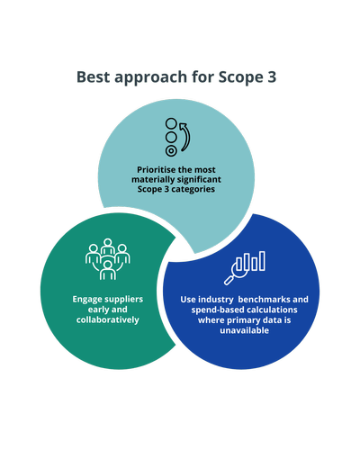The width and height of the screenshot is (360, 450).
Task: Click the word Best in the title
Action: point(94,76)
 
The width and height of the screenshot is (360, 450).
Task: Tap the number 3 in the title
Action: point(271,76)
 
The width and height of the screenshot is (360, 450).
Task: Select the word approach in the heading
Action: point(151,78)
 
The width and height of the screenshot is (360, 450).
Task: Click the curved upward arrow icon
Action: point(185,137)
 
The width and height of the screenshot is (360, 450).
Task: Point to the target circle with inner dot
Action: point(171,151)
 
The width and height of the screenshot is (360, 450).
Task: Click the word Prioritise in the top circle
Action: point(156,170)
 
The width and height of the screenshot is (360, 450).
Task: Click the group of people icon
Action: point(108,259)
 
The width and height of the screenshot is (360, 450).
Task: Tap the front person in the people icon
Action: point(108,270)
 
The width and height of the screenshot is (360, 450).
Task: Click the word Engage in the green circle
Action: point(86,300)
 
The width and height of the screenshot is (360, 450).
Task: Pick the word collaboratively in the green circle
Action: point(108,319)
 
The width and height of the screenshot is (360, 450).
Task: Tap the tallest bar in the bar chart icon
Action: point(262,261)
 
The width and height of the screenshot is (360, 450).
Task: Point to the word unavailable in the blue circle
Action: point(244,330)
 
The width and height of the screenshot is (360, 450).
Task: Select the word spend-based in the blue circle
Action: point(215,310)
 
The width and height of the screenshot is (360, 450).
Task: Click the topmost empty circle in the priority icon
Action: point(171,123)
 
